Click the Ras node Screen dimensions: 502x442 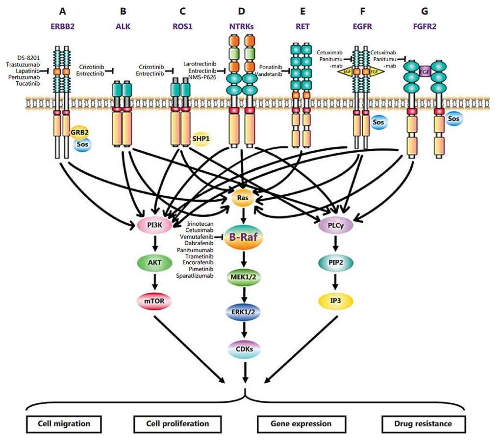[x=243, y=198]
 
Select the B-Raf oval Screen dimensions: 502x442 [x=244, y=237]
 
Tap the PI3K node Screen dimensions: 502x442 [x=154, y=225]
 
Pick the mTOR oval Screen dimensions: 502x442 [x=154, y=301]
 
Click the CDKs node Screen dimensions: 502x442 [x=244, y=349]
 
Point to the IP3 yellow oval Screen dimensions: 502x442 [x=335, y=301]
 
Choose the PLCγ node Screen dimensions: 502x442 [x=335, y=225]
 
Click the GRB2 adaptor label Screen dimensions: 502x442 [x=79, y=132]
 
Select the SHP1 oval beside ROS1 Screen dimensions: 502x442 [x=201, y=139]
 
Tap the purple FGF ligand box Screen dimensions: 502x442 [x=425, y=72]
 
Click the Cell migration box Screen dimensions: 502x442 [x=64, y=424]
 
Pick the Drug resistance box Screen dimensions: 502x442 [x=423, y=424]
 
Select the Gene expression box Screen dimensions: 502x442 [x=301, y=424]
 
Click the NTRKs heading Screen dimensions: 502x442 [x=241, y=26]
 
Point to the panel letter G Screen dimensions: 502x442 [x=425, y=11]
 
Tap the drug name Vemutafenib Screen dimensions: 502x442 [x=197, y=237]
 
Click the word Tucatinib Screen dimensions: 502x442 [x=28, y=84]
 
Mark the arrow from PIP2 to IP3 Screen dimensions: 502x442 [x=335, y=281]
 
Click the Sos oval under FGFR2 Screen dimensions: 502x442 [x=453, y=119]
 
